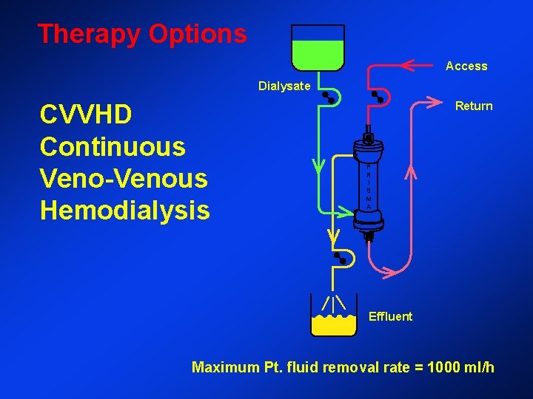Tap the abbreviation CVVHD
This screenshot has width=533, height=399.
click(87, 115)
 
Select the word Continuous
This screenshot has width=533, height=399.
click(113, 147)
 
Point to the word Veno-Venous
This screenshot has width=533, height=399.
click(124, 179)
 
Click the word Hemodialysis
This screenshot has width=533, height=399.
click(125, 211)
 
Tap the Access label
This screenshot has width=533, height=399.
click(466, 66)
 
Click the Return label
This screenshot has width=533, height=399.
click(474, 106)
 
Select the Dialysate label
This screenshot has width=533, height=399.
click(284, 86)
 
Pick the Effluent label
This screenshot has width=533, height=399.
click(390, 317)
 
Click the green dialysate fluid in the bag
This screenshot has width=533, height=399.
click(318, 52)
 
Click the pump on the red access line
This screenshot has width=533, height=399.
click(378, 97)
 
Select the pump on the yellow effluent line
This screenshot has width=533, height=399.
click(341, 258)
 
